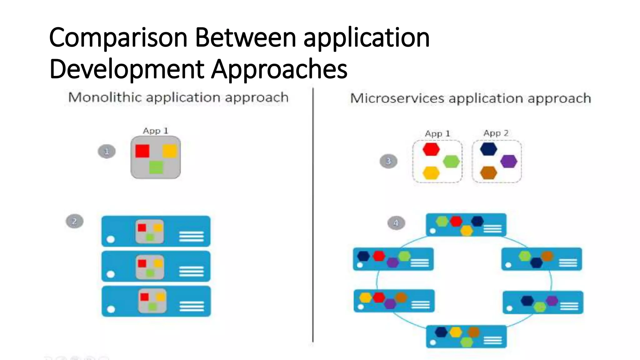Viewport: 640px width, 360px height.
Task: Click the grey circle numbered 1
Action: coord(107,152)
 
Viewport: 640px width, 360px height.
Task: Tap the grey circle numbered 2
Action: coord(74,221)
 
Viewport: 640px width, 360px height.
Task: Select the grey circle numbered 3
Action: coord(388,161)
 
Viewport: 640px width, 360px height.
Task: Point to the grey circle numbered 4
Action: coord(396,223)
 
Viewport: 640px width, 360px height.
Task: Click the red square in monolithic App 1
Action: coord(142,151)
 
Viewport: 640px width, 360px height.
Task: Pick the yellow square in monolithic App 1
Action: coord(170,151)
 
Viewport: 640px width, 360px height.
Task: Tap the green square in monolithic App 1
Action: coord(156,167)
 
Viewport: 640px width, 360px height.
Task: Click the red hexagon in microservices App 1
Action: coord(431,149)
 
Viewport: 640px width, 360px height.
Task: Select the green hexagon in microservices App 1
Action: coord(451,162)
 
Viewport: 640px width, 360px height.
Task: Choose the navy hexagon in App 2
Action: coord(489,149)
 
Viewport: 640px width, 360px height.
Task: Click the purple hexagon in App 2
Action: coord(509,161)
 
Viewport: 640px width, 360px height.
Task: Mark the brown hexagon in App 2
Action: coord(488,173)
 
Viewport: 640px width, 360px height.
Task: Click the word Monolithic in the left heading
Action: coord(105,97)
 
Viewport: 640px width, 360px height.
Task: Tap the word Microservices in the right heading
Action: coord(397,98)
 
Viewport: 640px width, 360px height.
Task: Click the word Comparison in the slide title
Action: coord(118,38)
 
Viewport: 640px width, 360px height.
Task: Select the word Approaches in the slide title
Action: coord(279,69)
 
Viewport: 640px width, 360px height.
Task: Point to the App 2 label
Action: coord(496,133)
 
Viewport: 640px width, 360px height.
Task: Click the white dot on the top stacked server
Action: coord(111,239)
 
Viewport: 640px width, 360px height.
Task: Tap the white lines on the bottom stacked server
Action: coord(192,306)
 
